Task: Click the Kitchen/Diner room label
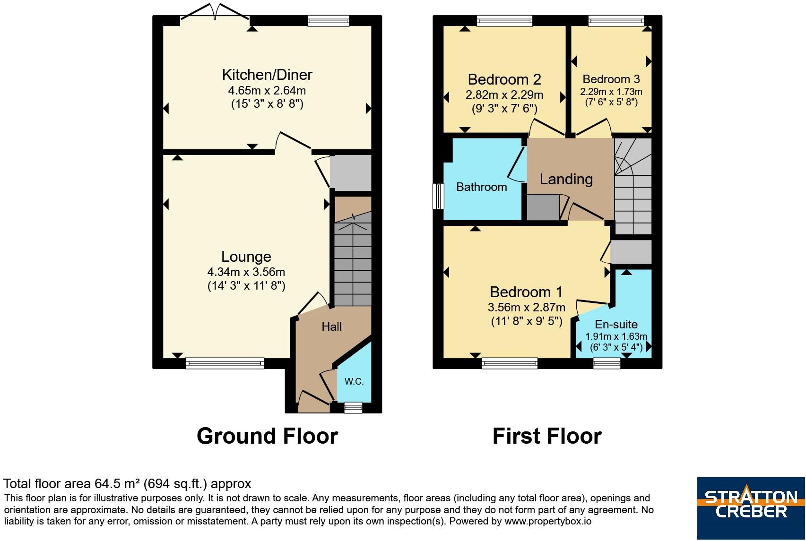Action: point(267,75)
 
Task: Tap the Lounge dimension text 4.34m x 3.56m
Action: point(246,272)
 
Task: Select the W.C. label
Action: point(354,381)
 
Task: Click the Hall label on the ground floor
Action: point(332,326)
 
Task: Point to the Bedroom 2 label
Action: point(504,79)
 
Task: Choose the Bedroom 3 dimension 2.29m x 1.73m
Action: point(611,92)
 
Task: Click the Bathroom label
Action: point(481,187)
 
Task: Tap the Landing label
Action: point(566,180)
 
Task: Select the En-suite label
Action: point(616,325)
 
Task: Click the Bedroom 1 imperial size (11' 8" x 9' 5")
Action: point(527,321)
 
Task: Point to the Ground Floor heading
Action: point(268,436)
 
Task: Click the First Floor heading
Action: point(547,436)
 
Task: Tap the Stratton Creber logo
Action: point(751,508)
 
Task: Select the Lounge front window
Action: point(225,363)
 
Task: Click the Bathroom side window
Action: point(438,196)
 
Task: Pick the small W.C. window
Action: point(353,408)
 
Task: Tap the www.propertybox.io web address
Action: point(547,521)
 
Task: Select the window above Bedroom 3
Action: point(616,20)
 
